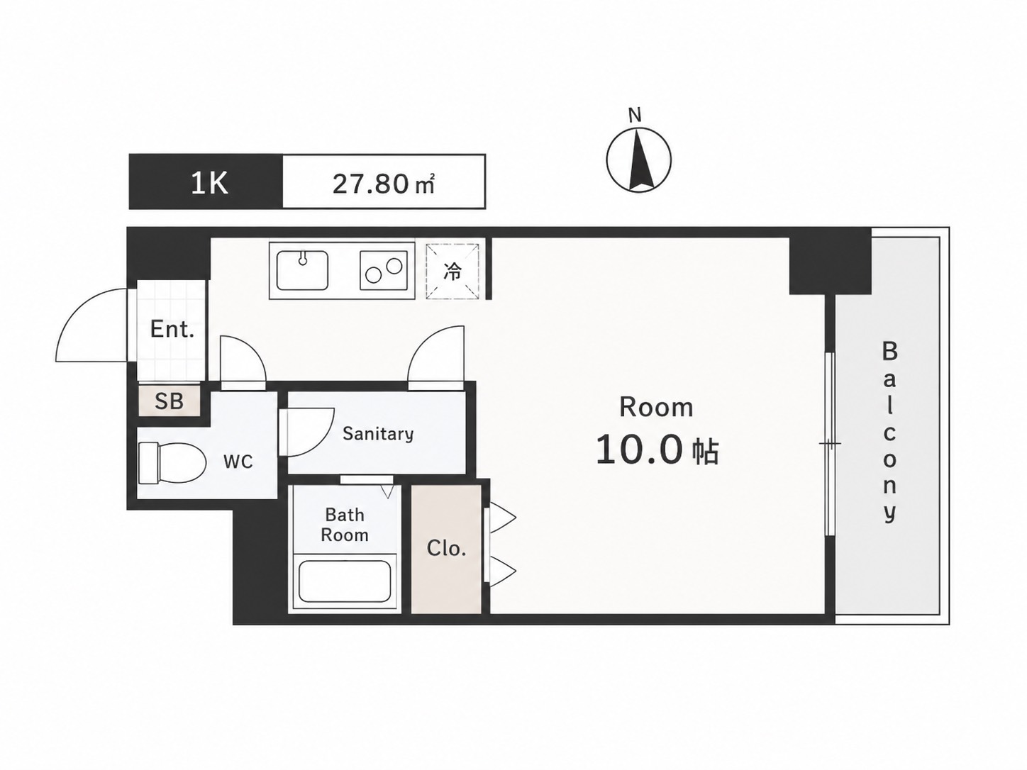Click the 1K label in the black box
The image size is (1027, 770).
[x=209, y=183]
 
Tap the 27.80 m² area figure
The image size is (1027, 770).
[x=384, y=184]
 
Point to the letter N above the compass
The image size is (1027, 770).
[x=635, y=115]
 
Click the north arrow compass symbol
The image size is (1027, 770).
[x=638, y=160]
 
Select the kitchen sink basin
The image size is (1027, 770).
[x=302, y=269]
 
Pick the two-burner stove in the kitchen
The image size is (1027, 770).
[x=384, y=270]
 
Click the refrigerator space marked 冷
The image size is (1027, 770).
[x=453, y=271]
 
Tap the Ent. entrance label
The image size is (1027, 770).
[x=172, y=330]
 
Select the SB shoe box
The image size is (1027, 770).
[x=169, y=400]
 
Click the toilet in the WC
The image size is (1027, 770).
[x=172, y=463]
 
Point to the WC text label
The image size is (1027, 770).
[x=238, y=462]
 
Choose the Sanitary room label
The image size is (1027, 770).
[x=378, y=433]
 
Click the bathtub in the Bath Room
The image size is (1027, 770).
[x=345, y=581]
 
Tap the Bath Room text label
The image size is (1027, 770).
[x=345, y=525]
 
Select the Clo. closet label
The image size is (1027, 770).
[x=446, y=548]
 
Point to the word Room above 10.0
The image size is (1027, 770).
[x=656, y=407]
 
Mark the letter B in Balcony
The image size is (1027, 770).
[x=889, y=351]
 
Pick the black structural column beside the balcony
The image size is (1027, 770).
[x=830, y=267]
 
